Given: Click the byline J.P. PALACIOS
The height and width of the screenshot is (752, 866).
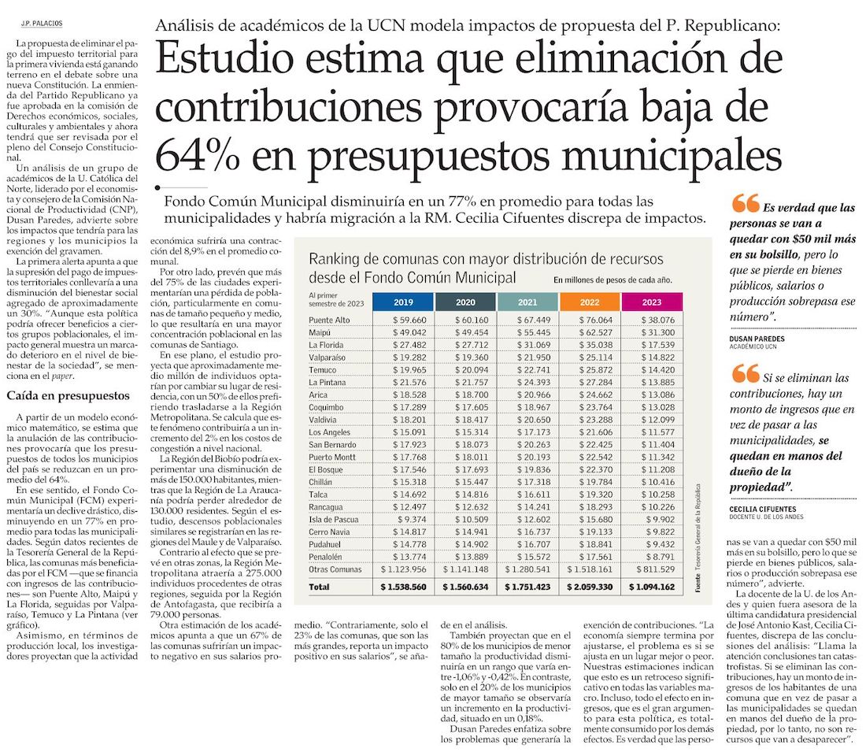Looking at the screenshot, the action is click(42, 23).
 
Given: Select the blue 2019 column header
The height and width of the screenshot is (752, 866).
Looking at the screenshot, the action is click(403, 302).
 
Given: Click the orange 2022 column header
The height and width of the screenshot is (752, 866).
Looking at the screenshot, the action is click(590, 302).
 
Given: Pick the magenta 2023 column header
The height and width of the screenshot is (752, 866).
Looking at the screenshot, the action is click(652, 302).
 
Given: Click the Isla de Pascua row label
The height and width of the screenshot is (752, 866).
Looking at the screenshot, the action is click(334, 520).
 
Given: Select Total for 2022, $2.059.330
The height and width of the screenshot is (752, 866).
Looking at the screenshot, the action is click(590, 587).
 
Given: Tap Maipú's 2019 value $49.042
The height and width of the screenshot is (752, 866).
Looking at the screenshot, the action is click(409, 332).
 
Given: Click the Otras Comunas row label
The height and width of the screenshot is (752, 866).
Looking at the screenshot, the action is click(335, 569).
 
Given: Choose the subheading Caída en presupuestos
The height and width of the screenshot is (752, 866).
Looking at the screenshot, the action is click(68, 395).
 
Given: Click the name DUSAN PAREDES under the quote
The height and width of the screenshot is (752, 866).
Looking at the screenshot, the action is click(757, 339).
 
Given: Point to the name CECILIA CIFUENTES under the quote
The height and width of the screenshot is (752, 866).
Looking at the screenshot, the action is click(763, 509).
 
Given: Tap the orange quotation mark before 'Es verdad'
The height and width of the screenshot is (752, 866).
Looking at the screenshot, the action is click(746, 203).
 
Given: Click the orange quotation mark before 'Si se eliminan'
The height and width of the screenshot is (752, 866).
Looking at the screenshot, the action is click(746, 373).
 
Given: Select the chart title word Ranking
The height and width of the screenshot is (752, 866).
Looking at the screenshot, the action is click(332, 260).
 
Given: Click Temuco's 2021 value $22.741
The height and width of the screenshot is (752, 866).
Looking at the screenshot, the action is click(534, 369).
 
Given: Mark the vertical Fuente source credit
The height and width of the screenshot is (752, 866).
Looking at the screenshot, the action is click(698, 539).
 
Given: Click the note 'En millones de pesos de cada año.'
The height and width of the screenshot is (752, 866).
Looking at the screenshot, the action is click(612, 280).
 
